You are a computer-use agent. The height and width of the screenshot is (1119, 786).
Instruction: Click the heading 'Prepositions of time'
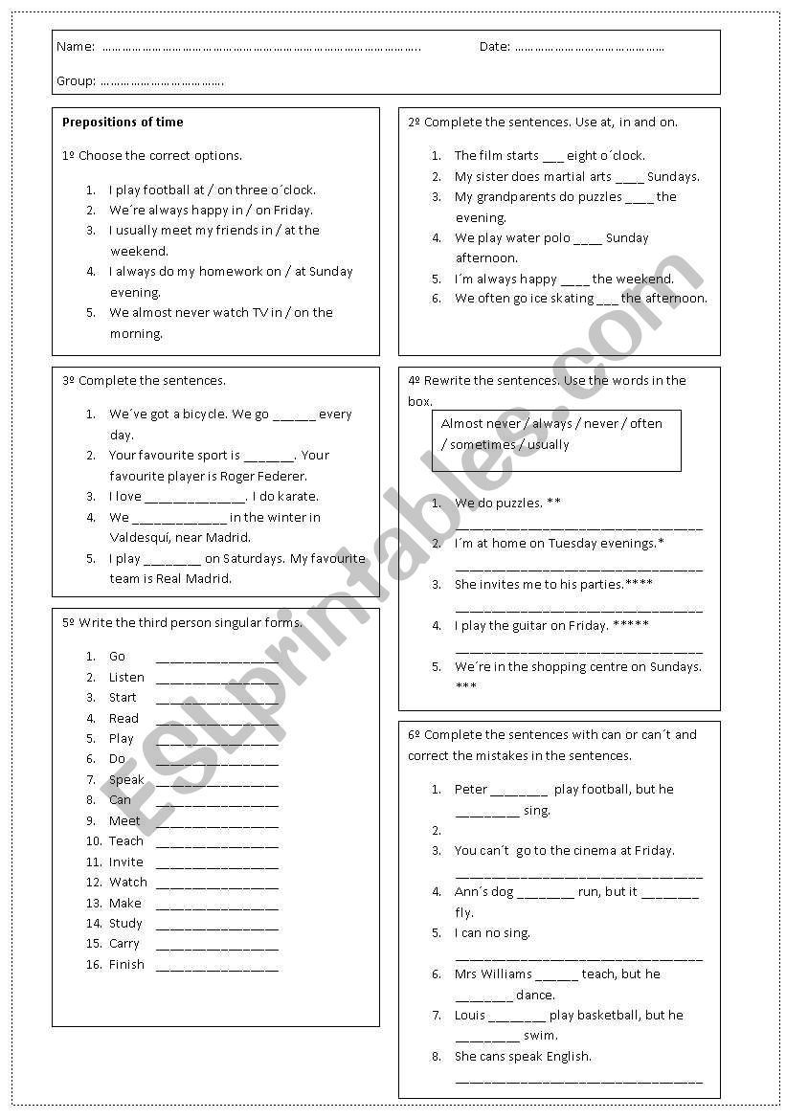tap(123, 123)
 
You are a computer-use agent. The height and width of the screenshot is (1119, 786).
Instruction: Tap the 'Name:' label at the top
tap(76, 47)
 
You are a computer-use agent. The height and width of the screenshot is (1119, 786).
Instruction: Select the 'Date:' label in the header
tap(494, 47)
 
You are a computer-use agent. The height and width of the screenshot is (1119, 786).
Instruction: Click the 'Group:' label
tap(77, 81)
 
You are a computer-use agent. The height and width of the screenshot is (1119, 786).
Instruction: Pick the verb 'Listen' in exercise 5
tap(126, 677)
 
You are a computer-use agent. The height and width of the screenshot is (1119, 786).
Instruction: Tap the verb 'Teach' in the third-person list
tap(125, 841)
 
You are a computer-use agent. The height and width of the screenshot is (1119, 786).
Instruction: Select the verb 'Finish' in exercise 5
tap(126, 965)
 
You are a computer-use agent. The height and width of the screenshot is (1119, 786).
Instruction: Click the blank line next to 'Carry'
tap(216, 946)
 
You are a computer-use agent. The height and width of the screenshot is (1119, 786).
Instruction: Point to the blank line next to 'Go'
tap(216, 659)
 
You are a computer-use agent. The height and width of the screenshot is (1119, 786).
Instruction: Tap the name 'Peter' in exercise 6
tap(471, 790)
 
